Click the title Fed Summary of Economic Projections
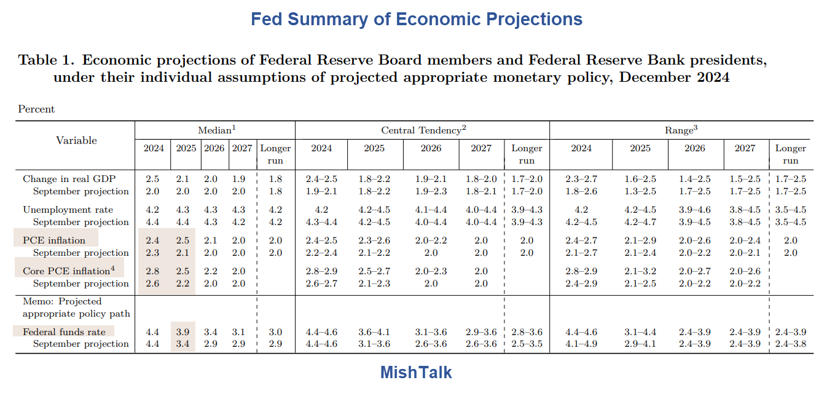(x=417, y=19)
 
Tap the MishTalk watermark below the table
(x=417, y=372)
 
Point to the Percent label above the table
(x=36, y=109)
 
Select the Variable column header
(x=76, y=140)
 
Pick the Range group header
(x=681, y=130)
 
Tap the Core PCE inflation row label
(x=67, y=271)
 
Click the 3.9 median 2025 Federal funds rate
(x=183, y=332)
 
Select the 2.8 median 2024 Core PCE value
(x=152, y=271)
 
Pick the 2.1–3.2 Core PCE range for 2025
(x=640, y=271)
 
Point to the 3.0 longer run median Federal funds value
(x=275, y=332)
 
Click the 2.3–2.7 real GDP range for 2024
(x=581, y=179)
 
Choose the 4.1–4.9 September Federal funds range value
(x=581, y=344)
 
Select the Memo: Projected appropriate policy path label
(x=76, y=307)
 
